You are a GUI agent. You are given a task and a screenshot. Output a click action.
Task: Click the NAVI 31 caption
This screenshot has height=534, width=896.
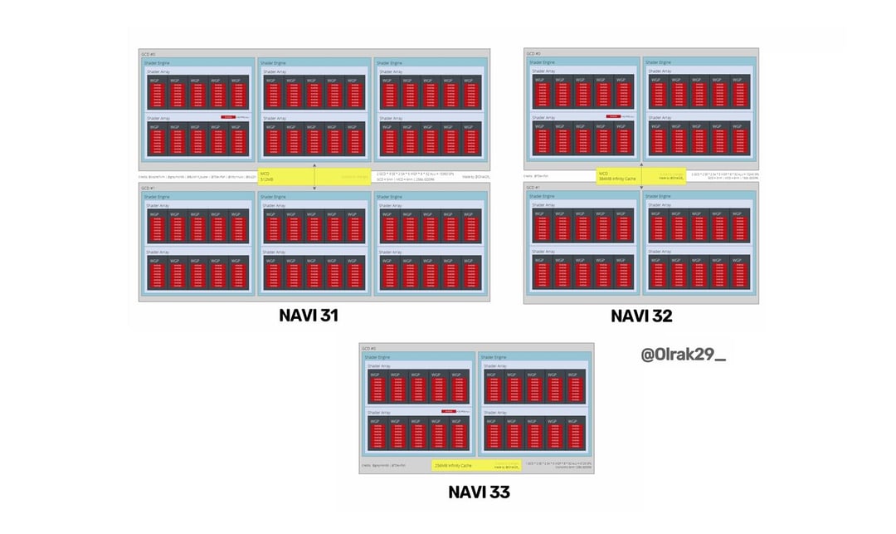(x=308, y=316)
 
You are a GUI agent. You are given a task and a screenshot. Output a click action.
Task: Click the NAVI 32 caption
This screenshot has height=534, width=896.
(x=641, y=316)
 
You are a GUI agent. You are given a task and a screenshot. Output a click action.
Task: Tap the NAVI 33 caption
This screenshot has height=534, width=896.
(x=479, y=492)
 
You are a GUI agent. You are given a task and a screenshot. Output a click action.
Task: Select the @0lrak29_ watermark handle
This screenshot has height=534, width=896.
(x=683, y=355)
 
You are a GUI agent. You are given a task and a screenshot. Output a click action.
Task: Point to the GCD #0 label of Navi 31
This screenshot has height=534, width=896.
(x=149, y=53)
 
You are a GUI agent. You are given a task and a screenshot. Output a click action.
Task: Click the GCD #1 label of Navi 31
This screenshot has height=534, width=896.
(x=149, y=189)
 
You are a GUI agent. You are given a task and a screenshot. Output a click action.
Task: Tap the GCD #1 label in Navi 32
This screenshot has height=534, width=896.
(x=533, y=188)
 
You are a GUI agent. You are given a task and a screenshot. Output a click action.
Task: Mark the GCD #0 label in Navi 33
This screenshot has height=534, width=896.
(x=369, y=348)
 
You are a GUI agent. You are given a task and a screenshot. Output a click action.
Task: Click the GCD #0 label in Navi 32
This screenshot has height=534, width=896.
(x=533, y=53)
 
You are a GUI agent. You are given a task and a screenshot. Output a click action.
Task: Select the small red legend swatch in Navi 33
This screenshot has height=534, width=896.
(x=449, y=411)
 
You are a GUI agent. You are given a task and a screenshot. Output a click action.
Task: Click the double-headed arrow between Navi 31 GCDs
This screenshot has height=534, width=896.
(x=314, y=177)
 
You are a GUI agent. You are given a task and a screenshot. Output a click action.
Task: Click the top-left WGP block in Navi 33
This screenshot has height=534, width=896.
(x=377, y=386)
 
